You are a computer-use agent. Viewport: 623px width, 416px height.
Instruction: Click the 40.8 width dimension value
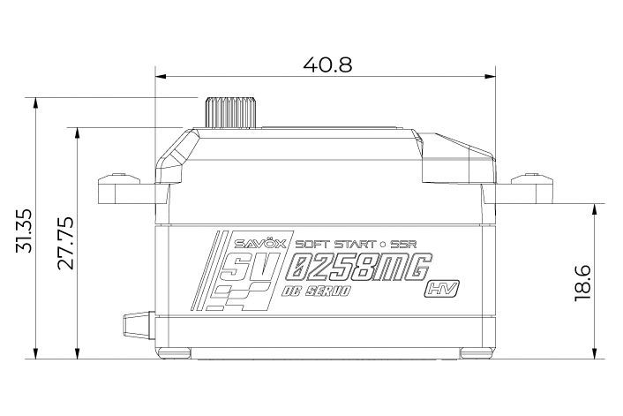coord(327,64)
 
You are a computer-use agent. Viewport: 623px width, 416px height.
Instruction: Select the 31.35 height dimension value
coord(24,231)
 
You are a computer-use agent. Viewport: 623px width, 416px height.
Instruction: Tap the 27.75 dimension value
coord(65,243)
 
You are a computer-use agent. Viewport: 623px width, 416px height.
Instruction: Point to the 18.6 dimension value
coord(583,284)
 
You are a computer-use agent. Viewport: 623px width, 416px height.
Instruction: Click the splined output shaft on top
coord(229,112)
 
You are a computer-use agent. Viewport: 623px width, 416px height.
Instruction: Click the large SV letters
coord(247,268)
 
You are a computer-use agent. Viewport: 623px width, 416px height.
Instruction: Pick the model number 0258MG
coord(359,268)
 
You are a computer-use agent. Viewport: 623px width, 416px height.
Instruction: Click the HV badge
coord(443,289)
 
